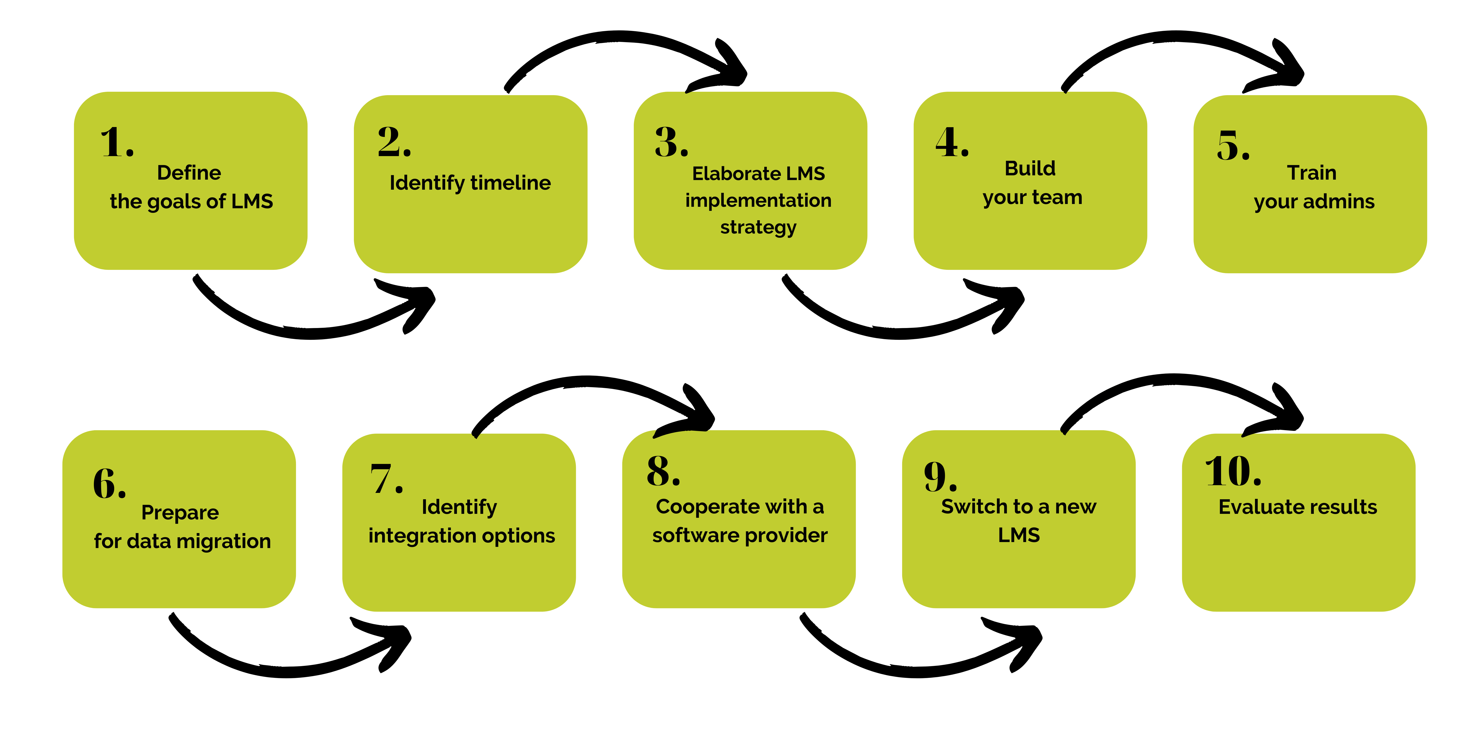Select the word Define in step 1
tap(189, 173)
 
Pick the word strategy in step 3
tap(758, 227)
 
